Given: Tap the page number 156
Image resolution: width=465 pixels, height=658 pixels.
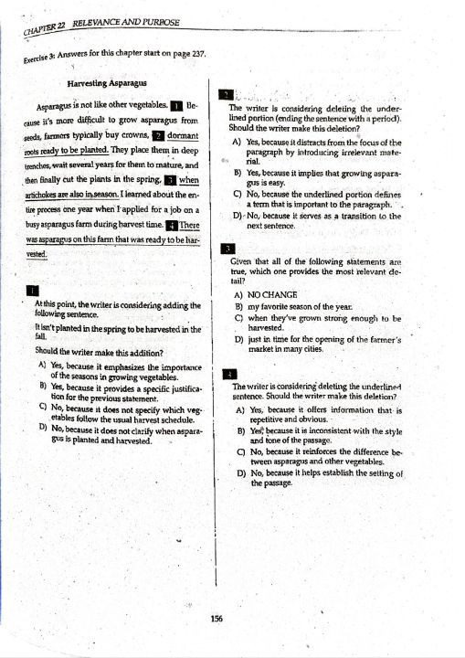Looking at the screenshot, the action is [216, 619].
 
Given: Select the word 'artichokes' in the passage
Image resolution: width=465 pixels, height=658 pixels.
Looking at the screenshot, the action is [46, 196].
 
